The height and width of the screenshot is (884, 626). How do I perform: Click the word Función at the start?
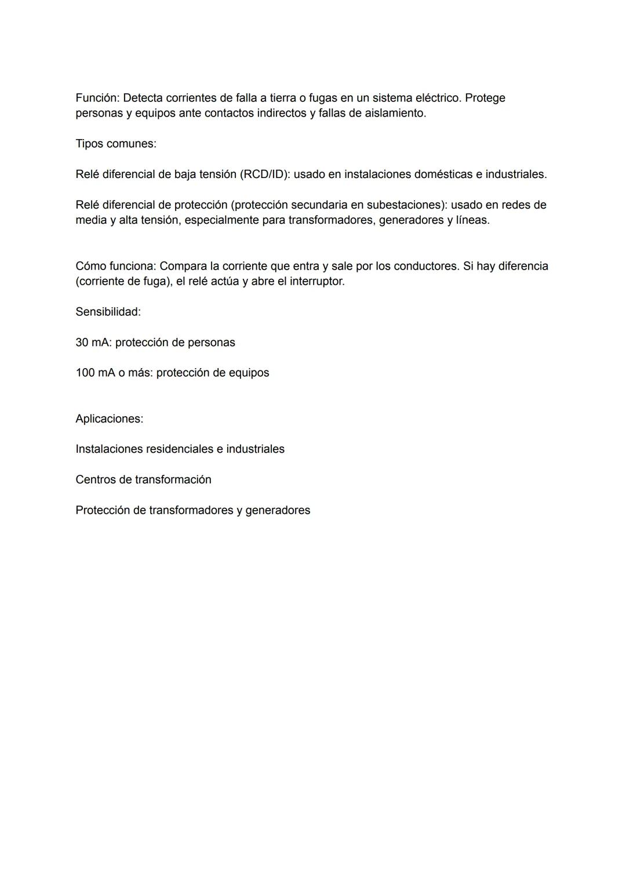[97, 98]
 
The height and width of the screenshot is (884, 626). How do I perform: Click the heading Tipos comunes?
[116, 144]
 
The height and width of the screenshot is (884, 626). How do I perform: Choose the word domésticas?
[443, 174]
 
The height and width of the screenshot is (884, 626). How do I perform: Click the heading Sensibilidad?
[108, 312]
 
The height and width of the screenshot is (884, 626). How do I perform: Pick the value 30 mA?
[93, 343]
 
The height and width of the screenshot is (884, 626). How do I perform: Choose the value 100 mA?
[96, 373]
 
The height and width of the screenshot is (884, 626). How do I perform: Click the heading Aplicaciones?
[109, 419]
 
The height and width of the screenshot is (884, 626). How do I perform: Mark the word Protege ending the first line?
[485, 98]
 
